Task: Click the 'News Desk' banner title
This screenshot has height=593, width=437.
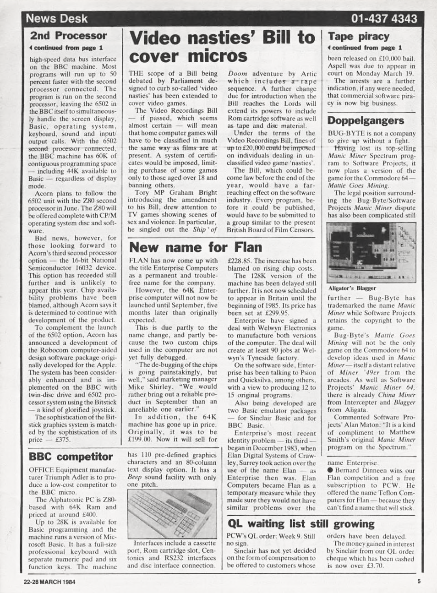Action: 57,19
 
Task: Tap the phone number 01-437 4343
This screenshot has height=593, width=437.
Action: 384,19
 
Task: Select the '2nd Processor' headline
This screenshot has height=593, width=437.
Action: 68,36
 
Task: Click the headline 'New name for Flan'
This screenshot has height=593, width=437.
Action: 196,247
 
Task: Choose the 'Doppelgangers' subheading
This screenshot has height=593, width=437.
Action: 366,120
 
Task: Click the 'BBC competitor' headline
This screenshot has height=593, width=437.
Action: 71,457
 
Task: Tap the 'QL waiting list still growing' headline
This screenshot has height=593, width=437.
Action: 301,523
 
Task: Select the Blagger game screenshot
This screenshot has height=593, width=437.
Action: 371,252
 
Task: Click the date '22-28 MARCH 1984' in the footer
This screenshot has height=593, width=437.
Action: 49,582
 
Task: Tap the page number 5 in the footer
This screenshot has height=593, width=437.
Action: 419,582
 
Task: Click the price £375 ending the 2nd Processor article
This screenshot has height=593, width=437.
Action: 62,440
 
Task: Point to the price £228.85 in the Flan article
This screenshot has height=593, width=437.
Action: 242,261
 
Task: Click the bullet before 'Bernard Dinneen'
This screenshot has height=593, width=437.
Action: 330,470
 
